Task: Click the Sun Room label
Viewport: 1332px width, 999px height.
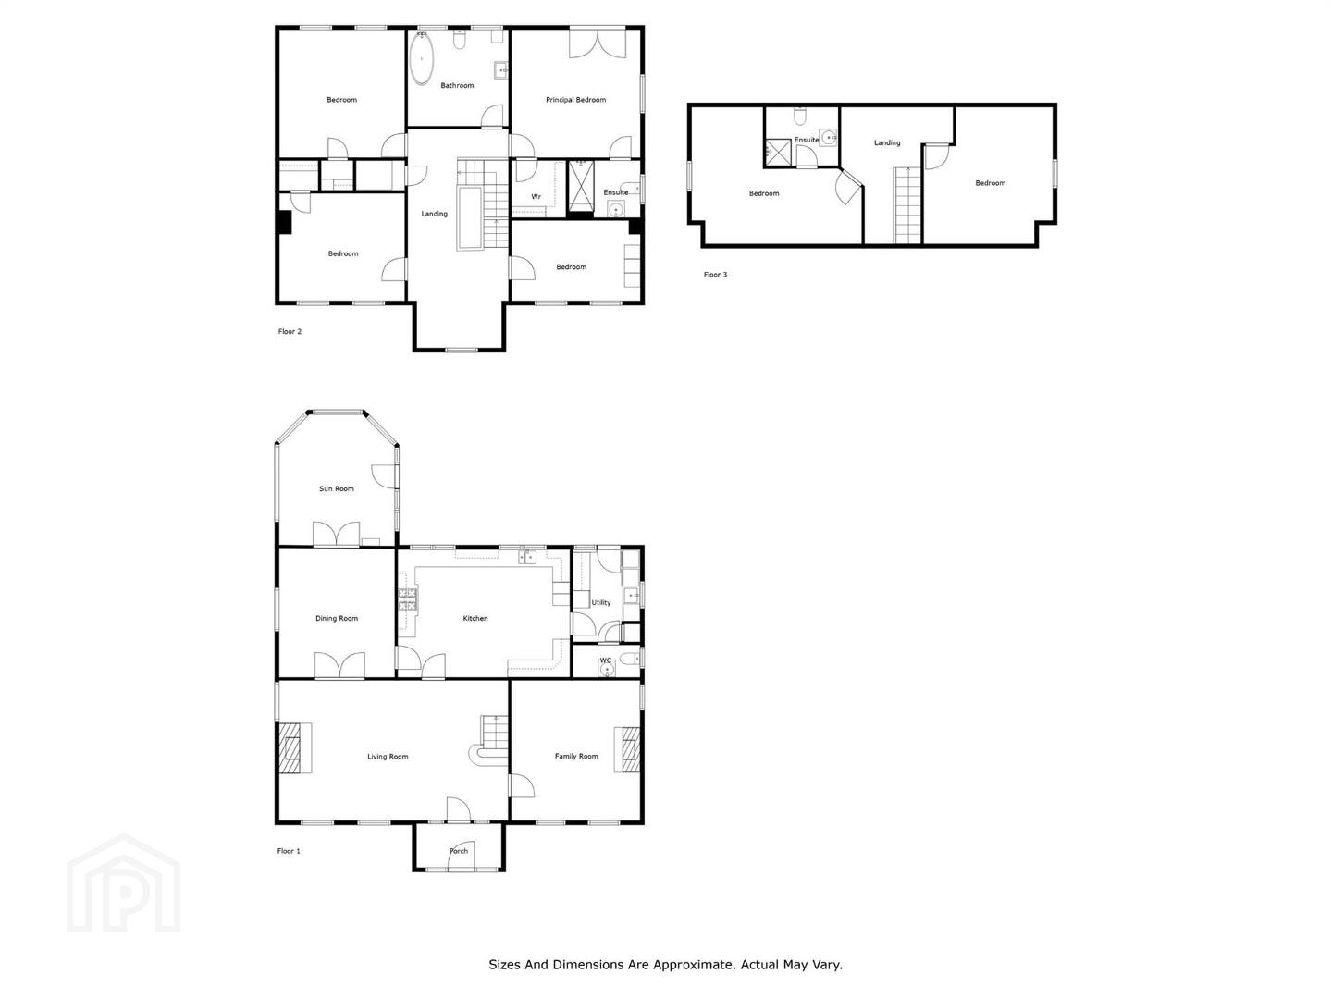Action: [336, 488]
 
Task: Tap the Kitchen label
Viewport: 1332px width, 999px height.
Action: [475, 618]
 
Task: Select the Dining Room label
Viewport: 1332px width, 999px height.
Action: [336, 618]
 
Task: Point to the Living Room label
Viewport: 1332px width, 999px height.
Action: [388, 757]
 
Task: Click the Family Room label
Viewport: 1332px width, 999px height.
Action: [576, 756]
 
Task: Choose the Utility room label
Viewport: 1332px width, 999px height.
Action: [600, 602]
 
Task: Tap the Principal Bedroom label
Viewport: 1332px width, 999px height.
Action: [575, 100]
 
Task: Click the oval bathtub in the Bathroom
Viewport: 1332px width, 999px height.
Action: [421, 59]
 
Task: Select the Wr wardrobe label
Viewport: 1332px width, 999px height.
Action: [536, 196]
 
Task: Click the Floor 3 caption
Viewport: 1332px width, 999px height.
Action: [715, 275]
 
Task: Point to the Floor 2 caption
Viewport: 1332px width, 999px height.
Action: [290, 331]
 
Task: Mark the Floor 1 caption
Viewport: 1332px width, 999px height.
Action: [289, 851]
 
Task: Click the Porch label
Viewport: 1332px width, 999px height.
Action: [459, 851]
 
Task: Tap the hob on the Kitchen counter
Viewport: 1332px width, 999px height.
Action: [408, 599]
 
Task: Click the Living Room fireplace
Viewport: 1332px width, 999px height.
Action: [295, 748]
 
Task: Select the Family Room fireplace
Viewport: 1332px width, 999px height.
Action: [627, 749]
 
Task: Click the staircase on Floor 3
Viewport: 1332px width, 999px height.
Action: [907, 205]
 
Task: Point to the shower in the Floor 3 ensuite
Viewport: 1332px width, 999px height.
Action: [778, 152]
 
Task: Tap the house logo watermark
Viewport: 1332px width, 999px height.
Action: [123, 882]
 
